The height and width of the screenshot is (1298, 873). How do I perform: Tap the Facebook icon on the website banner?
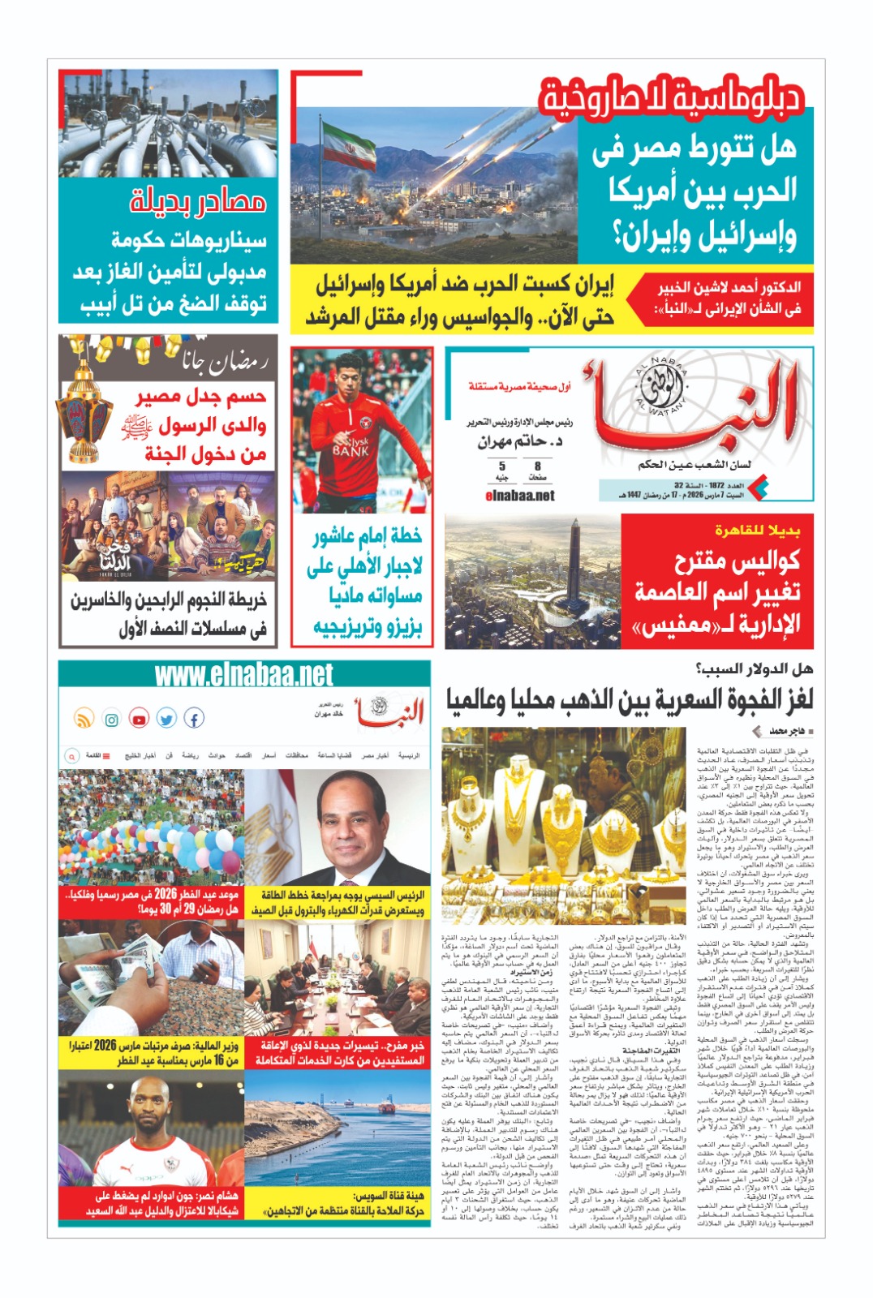pos(193,718)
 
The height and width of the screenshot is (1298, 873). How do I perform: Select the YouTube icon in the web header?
pos(139,719)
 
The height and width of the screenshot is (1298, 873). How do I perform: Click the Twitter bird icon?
pos(166,719)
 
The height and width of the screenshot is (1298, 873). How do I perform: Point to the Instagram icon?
pos(111,719)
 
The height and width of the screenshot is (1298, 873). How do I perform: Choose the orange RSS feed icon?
pos(84,719)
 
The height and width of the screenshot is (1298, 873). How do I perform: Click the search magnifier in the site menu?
pos(71,755)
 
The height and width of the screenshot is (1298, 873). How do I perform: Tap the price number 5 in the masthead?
pos(501,466)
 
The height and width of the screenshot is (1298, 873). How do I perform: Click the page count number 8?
pos(537,466)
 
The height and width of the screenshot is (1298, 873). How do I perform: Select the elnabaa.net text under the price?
pos(519,495)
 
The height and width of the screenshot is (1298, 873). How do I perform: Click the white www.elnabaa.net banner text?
pos(243,675)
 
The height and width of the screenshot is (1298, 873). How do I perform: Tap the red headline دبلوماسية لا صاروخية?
pos(673,96)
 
